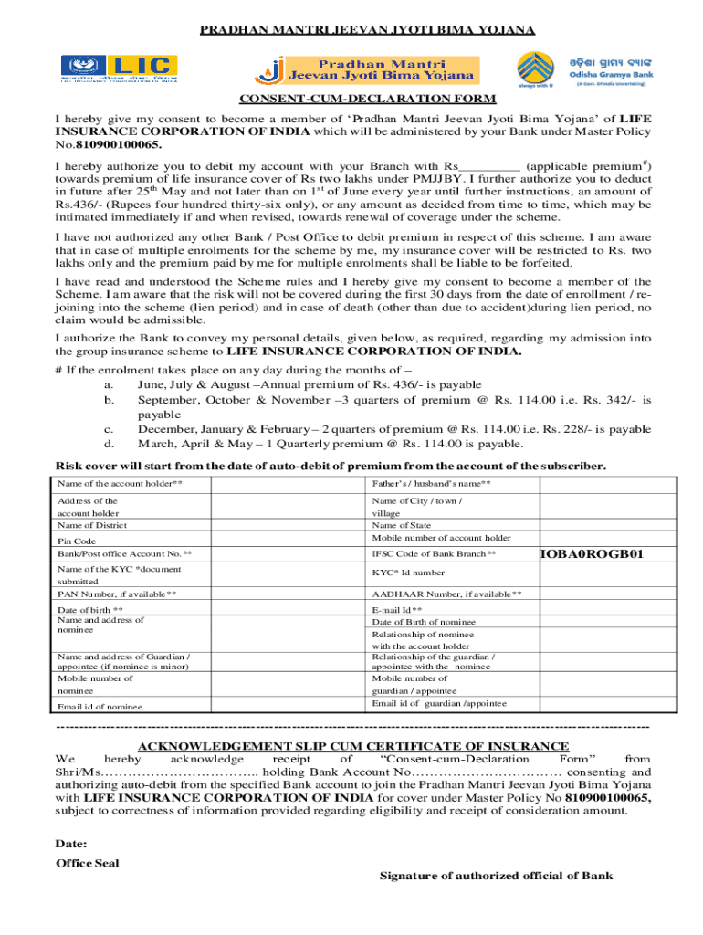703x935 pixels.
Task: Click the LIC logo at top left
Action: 119,68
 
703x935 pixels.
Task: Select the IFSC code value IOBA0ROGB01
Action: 593,554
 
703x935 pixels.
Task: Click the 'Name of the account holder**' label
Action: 119,483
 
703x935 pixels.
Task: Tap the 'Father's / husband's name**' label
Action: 431,483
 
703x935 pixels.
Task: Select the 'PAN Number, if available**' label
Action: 117,594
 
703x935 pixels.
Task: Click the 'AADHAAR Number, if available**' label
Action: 446,594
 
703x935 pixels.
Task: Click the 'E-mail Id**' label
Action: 397,610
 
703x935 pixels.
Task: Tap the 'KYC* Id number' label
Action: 408,573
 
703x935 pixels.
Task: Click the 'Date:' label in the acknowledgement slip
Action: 71,844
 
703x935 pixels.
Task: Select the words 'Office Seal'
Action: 87,863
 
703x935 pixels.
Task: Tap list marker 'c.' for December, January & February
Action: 109,429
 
